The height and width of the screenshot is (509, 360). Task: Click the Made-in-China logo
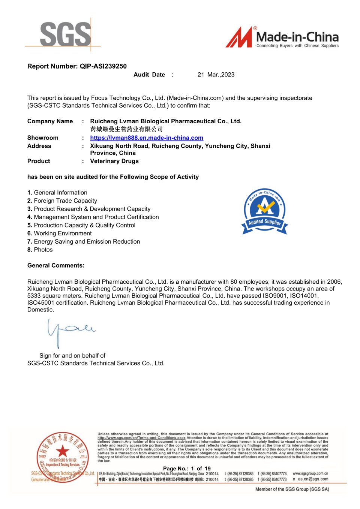click(x=282, y=37)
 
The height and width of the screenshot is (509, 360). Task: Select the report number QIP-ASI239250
click(x=103, y=66)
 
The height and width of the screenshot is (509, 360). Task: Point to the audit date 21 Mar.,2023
click(x=216, y=75)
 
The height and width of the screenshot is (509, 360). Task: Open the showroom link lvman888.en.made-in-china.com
click(x=147, y=138)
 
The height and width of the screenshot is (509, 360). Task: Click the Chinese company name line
click(x=126, y=129)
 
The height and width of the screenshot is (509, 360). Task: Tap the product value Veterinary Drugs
click(x=114, y=161)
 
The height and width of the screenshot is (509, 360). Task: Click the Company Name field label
click(x=50, y=121)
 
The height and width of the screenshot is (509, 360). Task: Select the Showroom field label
click(x=43, y=138)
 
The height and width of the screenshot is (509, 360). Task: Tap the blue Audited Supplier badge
click(x=265, y=211)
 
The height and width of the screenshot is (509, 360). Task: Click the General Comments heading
click(x=56, y=266)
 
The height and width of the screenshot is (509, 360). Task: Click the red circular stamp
click(x=63, y=457)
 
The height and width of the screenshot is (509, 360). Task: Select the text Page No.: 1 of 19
click(x=187, y=469)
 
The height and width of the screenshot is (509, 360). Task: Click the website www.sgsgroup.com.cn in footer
click(x=310, y=473)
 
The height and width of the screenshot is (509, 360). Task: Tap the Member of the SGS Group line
click(x=292, y=489)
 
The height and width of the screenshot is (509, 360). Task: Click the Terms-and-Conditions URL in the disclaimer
click(x=141, y=438)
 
